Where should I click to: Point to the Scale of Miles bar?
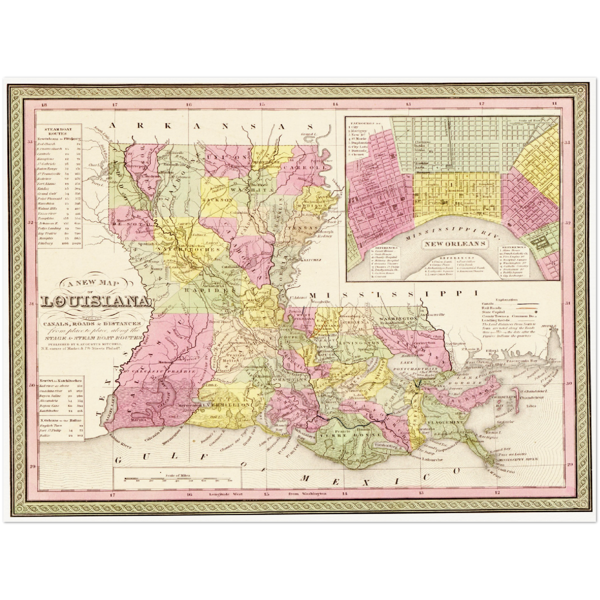pyautogui.click(x=178, y=479)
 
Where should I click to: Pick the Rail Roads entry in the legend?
pyautogui.click(x=492, y=308)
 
